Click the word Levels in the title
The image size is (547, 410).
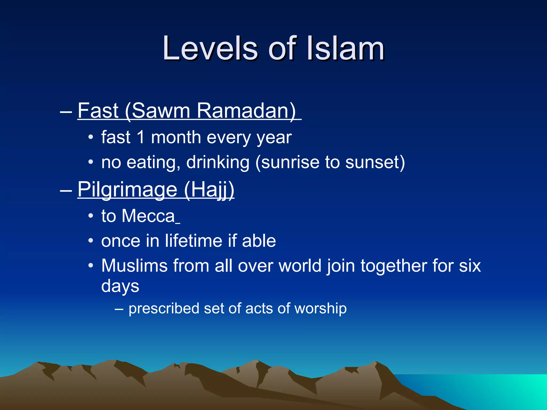point(210,49)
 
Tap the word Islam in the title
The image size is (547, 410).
point(345,49)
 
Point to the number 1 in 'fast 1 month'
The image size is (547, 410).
point(140,137)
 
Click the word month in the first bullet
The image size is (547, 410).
point(176,137)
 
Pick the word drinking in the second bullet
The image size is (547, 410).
point(218,162)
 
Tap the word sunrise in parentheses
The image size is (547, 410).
point(290,162)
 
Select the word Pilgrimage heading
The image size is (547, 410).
point(127,190)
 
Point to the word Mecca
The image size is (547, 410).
point(148,216)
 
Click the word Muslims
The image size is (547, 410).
point(134,266)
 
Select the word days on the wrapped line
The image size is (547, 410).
point(120,286)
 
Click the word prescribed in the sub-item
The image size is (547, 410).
point(164,309)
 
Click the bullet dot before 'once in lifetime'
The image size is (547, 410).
point(91,241)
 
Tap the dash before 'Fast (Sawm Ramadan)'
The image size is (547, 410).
point(66,111)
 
